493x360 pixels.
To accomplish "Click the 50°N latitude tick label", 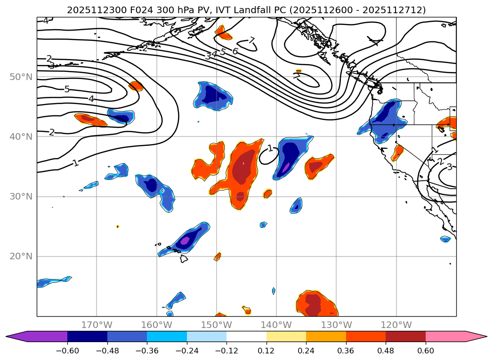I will click(21, 77).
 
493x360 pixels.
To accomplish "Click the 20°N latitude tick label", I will click(21, 256).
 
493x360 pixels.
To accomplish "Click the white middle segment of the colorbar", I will click(246, 336).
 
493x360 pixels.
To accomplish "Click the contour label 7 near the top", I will click(252, 40).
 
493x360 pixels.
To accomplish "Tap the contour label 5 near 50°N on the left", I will click(67, 89).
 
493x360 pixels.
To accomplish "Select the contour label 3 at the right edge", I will click(449, 167).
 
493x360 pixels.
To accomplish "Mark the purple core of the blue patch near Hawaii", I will click(185, 241).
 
